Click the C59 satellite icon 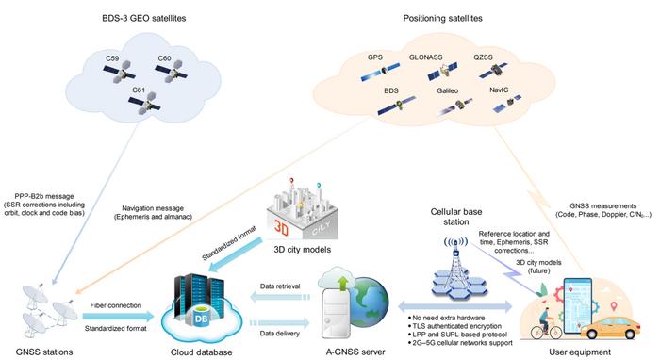point(120,73)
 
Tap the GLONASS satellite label point(425,57)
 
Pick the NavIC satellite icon point(507,104)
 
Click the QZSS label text point(483,57)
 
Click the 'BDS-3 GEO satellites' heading point(144,19)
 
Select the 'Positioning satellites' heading point(443,19)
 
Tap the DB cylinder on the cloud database point(201,317)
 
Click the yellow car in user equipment point(610,328)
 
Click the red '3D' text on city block point(281,226)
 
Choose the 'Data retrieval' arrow point(280,298)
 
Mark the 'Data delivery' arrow point(280,323)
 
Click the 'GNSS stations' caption point(44,352)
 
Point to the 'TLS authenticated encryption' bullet point(454,326)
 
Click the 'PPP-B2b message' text point(44,196)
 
